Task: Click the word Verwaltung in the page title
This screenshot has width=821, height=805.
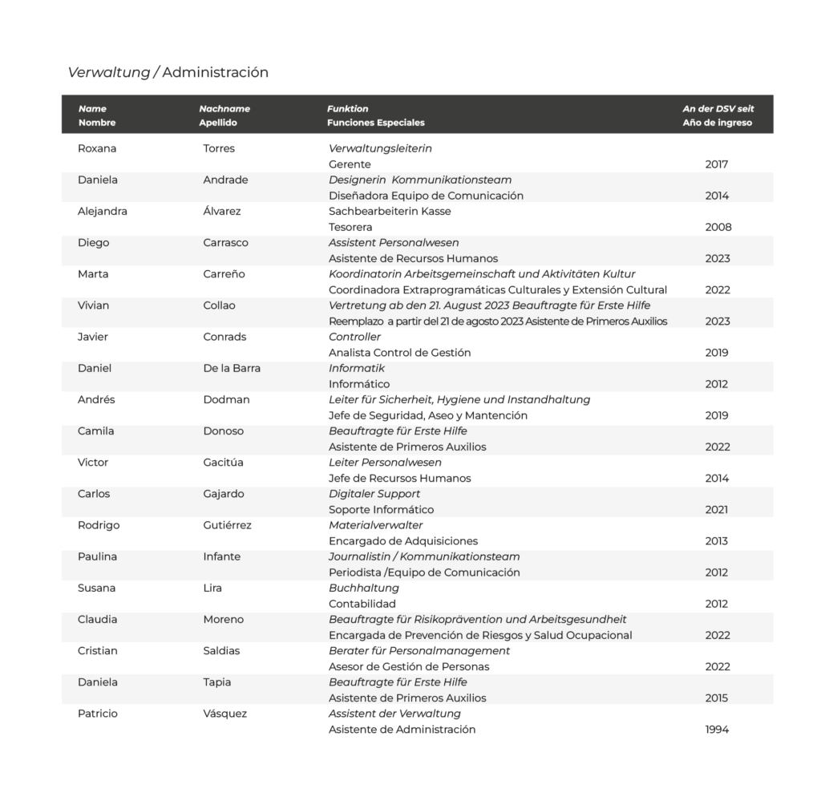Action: (108, 72)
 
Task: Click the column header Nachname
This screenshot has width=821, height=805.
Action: (224, 108)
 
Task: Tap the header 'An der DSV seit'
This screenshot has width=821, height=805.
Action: (718, 108)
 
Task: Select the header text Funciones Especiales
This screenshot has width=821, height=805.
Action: (375, 123)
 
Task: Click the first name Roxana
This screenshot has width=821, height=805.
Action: (97, 148)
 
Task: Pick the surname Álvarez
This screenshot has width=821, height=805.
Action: (222, 211)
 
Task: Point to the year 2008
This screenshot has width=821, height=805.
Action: (718, 227)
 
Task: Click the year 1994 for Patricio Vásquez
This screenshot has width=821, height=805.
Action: (717, 730)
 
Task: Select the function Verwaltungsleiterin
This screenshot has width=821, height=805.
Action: (380, 148)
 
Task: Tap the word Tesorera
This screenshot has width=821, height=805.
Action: (350, 227)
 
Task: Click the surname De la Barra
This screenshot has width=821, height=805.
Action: (232, 368)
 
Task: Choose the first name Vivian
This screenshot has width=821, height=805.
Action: (94, 305)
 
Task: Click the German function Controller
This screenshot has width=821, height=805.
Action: (354, 337)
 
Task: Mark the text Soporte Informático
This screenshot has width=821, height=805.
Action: (381, 509)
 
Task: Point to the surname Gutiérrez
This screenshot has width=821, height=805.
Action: (227, 525)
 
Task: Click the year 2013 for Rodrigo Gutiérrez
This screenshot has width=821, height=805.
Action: (717, 541)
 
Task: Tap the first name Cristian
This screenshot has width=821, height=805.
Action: (98, 650)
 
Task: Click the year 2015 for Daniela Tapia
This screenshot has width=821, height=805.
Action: (717, 698)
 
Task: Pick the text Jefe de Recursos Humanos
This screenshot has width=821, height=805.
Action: (399, 478)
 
